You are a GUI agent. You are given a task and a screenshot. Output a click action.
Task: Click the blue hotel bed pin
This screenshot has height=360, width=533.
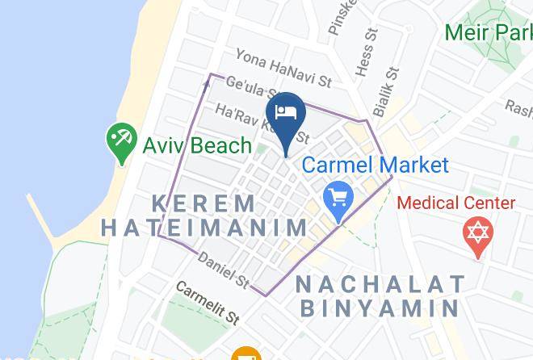pos(285,113)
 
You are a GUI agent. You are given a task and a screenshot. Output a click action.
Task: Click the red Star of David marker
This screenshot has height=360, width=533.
pos(477,234)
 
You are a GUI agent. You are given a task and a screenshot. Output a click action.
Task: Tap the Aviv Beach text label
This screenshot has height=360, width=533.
pos(197,146)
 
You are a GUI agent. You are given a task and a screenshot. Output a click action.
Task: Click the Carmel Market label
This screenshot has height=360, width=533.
pos(375,165)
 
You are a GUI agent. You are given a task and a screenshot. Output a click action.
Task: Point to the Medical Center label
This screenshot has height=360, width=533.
pos(456,203)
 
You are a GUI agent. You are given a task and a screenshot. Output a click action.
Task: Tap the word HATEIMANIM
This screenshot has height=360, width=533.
pos(204,228)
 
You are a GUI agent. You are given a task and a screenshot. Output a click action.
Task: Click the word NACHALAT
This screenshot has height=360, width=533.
pos(380,283)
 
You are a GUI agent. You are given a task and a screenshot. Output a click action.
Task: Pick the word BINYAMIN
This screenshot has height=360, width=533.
pos(380,308)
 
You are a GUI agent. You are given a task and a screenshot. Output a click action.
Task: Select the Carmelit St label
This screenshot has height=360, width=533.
pos(208,303)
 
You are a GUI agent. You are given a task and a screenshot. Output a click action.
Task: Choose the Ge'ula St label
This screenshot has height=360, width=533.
pos(250,89)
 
